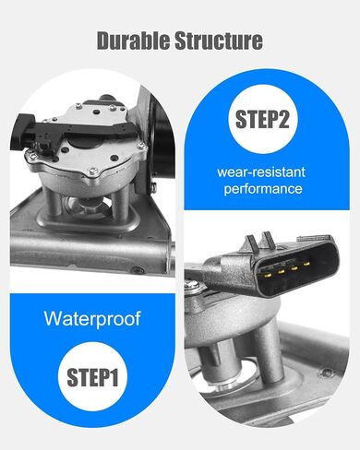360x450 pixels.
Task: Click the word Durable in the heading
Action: pyautogui.click(x=133, y=41)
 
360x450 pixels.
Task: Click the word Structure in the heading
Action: pyautogui.click(x=219, y=41)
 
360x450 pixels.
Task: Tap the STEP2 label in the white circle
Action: pyautogui.click(x=262, y=119)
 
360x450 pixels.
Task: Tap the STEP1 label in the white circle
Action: pyautogui.click(x=92, y=377)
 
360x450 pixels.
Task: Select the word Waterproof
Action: pyautogui.click(x=92, y=319)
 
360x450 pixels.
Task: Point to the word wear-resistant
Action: pyautogui.click(x=261, y=172)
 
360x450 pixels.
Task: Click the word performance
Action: pyautogui.click(x=263, y=188)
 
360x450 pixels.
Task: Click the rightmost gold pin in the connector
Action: pyautogui.click(x=306, y=264)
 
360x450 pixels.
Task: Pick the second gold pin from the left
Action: pyautogui.click(x=281, y=271)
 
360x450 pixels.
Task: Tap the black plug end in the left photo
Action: pyautogui.click(x=22, y=132)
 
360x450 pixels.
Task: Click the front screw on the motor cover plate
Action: pyautogui.click(x=92, y=171)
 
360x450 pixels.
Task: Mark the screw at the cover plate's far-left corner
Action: pyautogui.click(x=32, y=156)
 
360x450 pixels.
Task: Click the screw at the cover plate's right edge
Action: pyautogui.click(x=141, y=146)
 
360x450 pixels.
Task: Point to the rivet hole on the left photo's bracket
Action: pyautogui.click(x=136, y=270)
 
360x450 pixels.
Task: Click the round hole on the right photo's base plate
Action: pyautogui.click(x=326, y=373)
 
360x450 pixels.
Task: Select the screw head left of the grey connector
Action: pyautogui.click(x=194, y=285)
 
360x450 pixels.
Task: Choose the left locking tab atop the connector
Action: pyautogui.click(x=253, y=243)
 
